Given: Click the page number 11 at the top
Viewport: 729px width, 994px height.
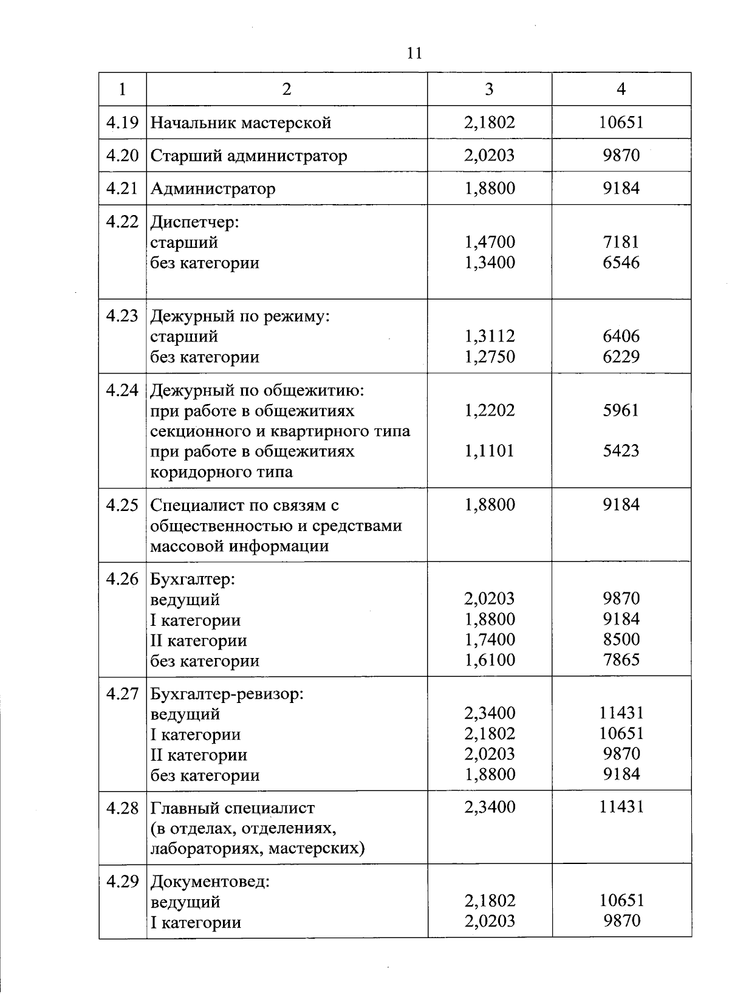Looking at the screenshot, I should (x=414, y=53).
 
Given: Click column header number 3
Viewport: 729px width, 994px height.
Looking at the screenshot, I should (x=489, y=89).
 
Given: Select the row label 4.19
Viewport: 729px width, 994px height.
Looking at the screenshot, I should (x=122, y=123).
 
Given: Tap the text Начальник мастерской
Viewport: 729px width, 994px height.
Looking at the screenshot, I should (x=241, y=123).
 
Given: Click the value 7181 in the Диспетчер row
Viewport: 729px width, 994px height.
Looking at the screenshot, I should (x=621, y=242).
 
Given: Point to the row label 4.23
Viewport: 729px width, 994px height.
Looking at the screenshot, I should (x=122, y=316).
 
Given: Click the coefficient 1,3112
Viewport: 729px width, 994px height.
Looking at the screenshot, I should (x=490, y=336).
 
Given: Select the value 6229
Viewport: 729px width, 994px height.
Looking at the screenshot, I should (x=621, y=357).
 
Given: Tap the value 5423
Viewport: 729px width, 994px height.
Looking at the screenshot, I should (x=621, y=451).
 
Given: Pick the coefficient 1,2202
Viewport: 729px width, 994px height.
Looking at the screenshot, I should (x=490, y=410).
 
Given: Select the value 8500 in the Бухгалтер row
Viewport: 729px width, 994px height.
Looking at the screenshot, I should (x=621, y=639).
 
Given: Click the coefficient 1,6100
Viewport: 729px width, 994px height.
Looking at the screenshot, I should (x=490, y=660).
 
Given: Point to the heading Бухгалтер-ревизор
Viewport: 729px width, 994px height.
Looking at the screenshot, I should (x=227, y=693).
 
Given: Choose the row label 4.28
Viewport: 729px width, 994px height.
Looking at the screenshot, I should (x=122, y=808).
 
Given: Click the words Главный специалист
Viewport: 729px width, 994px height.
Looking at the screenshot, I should (x=232, y=808).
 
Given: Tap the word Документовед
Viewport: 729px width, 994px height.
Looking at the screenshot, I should (x=210, y=881).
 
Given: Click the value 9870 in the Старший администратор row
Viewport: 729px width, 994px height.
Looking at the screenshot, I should (x=621, y=156).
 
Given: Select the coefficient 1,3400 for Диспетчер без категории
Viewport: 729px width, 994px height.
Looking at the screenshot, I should (x=490, y=262).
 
